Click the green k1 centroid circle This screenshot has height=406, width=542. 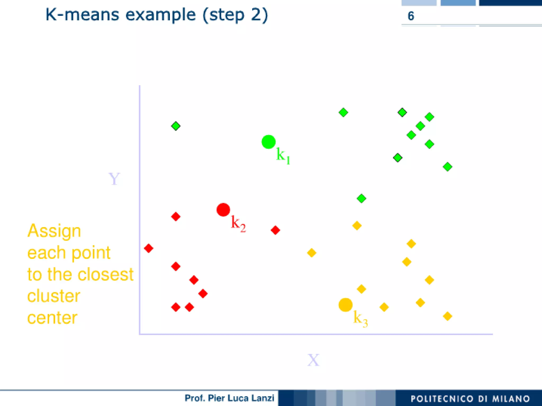point(268,142)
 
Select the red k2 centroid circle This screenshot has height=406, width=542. point(223,210)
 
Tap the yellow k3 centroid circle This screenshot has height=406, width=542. point(345,305)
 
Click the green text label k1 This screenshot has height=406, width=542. point(283,156)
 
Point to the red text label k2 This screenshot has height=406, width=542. point(238,224)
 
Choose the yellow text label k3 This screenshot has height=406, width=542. point(360,319)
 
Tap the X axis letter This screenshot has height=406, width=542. point(313,360)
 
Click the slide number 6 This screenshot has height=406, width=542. point(411,16)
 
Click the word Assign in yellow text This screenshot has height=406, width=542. point(54,231)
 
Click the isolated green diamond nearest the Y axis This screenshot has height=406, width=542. point(176,126)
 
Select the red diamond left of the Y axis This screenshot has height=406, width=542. point(148,248)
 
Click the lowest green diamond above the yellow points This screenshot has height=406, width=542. point(361,199)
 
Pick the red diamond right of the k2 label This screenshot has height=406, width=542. point(275,230)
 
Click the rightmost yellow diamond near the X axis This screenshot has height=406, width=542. point(447,316)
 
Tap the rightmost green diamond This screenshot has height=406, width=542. point(447,167)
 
